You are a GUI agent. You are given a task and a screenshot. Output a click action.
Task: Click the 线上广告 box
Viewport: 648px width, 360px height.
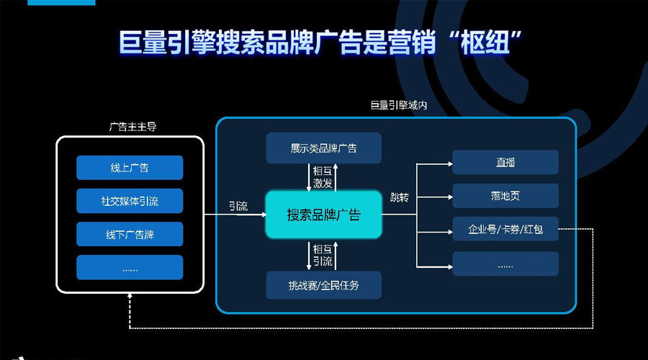pos(130,167)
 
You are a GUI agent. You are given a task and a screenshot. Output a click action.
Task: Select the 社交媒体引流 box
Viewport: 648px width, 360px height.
pos(130,201)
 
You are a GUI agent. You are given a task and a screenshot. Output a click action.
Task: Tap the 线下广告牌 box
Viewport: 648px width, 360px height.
pos(130,234)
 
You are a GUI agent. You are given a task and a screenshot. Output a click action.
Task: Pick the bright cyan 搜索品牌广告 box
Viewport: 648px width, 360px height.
pos(323,215)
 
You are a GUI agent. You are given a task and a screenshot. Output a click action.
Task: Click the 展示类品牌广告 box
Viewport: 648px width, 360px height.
pos(323,148)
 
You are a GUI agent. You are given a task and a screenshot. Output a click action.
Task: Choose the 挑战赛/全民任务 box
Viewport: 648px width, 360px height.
pos(323,285)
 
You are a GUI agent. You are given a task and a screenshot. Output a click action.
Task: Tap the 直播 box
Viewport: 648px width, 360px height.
pos(505,162)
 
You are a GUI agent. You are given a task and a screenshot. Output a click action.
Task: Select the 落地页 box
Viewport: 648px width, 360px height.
pos(505,196)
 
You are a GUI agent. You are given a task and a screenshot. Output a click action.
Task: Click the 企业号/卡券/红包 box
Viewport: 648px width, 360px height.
pos(505,229)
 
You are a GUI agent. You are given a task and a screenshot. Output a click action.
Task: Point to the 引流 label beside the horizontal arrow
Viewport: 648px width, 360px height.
pos(238,206)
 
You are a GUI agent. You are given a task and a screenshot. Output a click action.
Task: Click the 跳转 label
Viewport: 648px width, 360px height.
pos(399,197)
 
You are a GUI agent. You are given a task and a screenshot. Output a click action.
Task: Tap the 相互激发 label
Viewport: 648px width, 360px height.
pos(323,177)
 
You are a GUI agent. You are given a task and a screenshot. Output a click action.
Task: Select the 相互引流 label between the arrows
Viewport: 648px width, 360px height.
pos(323,255)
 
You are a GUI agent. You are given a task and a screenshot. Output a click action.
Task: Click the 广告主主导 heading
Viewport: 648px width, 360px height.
pos(133,127)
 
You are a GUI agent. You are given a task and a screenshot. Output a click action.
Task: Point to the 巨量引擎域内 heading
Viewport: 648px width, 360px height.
pos(399,105)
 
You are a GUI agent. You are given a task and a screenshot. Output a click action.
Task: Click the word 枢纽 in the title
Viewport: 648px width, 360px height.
pos(485,42)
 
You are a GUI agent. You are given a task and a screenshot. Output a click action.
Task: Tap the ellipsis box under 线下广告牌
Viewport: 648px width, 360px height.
pos(130,267)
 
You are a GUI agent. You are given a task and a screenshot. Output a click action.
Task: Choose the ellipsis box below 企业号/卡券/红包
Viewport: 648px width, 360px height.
pos(505,264)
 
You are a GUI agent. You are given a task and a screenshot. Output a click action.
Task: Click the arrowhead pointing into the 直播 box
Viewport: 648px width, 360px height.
pos(449,164)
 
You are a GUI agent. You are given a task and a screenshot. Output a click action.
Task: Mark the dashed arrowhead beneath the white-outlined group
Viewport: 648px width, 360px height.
pos(130,295)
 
